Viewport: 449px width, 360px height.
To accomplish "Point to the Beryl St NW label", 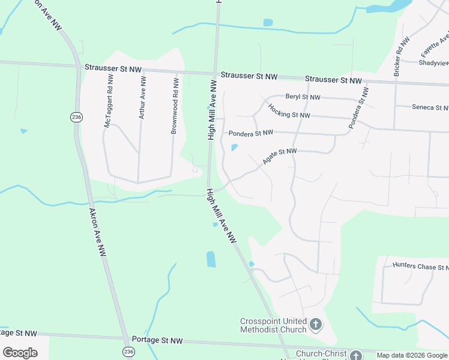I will click(303, 97).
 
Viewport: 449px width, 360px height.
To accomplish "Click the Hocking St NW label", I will click(289, 111).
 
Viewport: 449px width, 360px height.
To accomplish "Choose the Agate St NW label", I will click(280, 157).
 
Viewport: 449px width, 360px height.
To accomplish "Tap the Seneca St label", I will click(430, 108).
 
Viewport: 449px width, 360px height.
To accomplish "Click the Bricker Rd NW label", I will click(401, 56).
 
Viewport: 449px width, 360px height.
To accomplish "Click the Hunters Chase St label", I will click(420, 266).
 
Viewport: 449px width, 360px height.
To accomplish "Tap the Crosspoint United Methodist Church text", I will click(273, 325).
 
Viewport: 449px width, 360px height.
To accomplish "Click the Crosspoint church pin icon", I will click(316, 326).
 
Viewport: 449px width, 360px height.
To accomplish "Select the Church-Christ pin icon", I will click(357, 355).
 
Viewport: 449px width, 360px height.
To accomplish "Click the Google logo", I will click(20, 353).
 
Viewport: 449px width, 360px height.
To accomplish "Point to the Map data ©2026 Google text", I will click(412, 355).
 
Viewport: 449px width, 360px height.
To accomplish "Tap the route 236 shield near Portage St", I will click(127, 351).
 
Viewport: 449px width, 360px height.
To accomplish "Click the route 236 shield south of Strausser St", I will click(76, 117).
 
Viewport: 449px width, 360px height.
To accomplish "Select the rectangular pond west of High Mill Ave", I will click(211, 259).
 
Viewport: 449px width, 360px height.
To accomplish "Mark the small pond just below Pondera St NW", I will click(234, 148).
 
